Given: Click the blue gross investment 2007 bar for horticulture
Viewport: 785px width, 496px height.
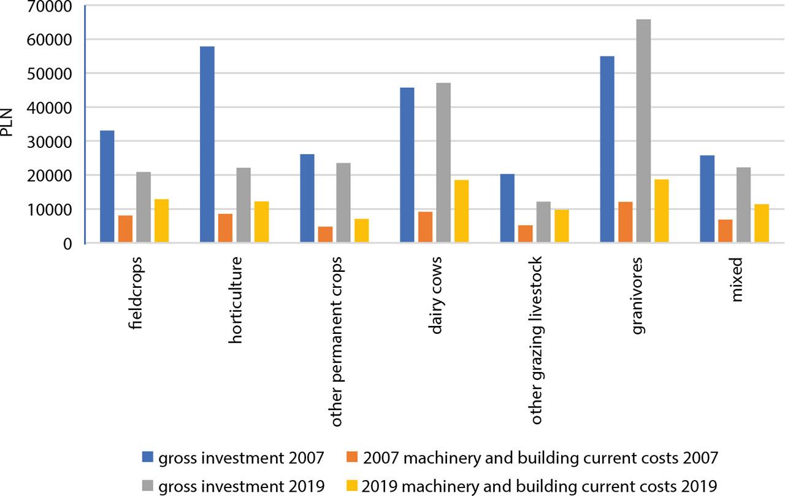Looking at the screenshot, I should (207, 145).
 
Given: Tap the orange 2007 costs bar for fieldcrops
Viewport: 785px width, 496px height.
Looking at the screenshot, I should (125, 229).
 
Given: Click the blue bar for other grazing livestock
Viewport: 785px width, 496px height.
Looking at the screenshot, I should (507, 208).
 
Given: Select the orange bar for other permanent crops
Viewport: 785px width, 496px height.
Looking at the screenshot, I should (325, 234).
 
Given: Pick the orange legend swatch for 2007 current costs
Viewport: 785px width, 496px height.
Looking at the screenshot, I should (352, 457).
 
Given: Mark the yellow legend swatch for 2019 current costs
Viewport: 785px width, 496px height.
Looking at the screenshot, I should (352, 486).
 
